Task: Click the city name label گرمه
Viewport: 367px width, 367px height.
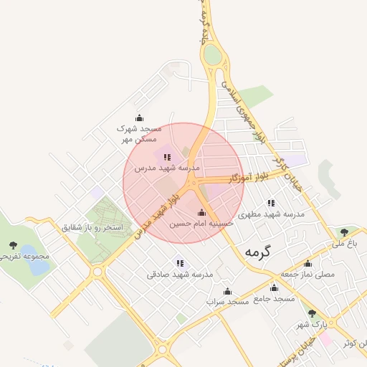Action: coord(260,252)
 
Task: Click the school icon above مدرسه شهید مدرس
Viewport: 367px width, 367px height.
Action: coord(167,156)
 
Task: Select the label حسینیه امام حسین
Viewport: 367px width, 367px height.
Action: coord(201,224)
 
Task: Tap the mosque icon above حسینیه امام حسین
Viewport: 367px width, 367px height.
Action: coord(201,213)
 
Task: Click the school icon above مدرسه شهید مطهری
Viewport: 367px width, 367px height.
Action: coord(271,203)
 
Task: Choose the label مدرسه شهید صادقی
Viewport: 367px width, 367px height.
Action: coord(181,274)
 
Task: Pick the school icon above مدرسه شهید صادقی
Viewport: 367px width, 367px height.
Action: coord(180,263)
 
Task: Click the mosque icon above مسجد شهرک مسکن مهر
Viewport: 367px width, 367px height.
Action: coord(139,118)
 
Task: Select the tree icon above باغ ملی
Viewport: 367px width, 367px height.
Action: coord(345,232)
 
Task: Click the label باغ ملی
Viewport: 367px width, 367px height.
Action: coord(343,244)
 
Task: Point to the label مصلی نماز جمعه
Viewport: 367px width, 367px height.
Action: coord(308,274)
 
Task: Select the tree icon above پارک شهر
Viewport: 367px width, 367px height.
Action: coord(312,313)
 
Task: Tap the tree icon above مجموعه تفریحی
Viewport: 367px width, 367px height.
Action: coord(12,245)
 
